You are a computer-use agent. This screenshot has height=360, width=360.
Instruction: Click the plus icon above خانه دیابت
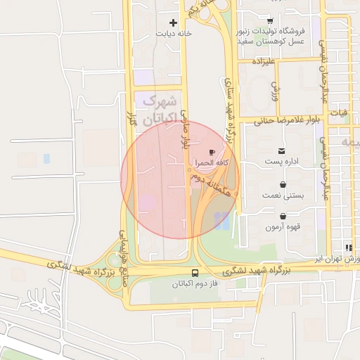[173, 22]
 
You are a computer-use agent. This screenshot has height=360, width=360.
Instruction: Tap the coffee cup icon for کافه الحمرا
[212, 152]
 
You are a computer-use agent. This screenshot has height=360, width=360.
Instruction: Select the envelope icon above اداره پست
[282, 151]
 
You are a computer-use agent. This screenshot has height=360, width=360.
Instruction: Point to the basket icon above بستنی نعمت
[282, 184]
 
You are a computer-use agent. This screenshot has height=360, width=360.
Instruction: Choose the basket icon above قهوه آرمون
[283, 216]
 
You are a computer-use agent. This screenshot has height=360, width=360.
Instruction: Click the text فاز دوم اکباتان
[195, 285]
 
